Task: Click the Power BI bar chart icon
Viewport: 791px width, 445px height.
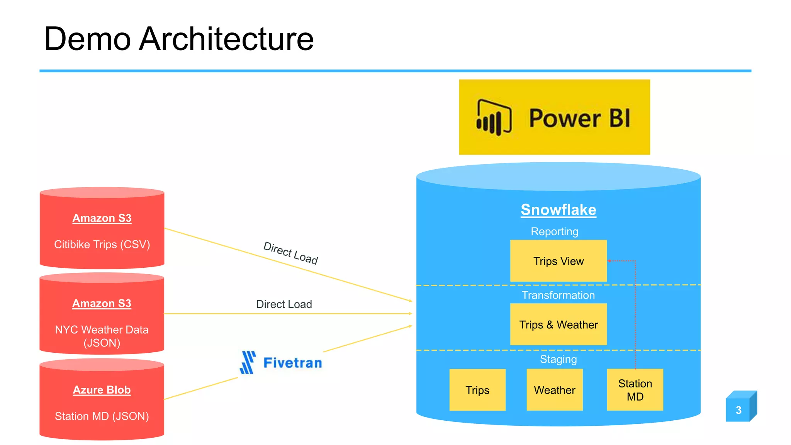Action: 494,117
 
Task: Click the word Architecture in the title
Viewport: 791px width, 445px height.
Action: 226,39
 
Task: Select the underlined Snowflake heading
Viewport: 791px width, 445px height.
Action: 558,210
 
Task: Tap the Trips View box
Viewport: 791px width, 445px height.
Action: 558,261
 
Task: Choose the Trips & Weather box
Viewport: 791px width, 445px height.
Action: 558,324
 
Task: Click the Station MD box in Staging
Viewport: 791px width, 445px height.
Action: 635,390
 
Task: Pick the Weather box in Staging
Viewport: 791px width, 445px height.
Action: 554,390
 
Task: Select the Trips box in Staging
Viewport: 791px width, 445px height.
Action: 477,390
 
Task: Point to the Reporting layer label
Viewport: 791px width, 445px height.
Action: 554,231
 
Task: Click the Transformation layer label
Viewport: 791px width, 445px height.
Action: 558,295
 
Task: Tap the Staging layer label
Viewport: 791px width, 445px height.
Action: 558,359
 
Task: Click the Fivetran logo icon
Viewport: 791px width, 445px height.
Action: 248,362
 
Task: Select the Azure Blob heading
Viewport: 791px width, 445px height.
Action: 102,390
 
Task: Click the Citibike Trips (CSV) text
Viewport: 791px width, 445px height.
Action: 102,245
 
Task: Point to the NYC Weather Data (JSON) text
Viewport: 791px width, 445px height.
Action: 102,336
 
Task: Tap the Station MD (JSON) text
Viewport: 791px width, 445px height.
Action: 102,416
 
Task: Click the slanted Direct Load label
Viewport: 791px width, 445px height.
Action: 290,253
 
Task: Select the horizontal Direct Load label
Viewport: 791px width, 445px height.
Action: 284,304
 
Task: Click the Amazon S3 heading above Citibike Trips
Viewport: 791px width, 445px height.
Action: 102,218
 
